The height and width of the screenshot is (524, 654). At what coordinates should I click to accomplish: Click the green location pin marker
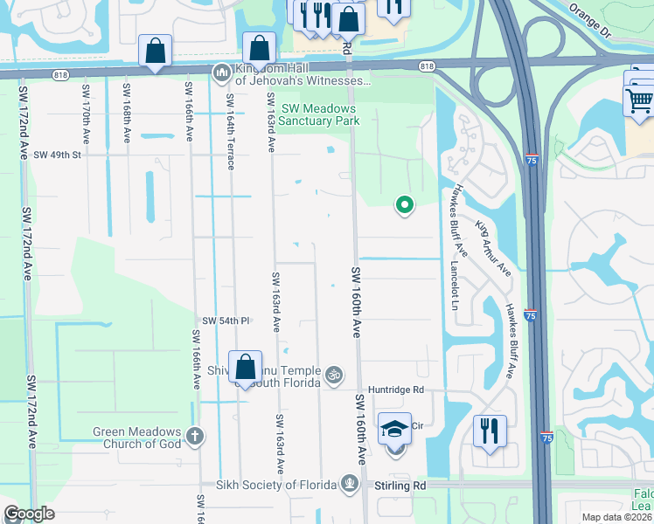click(405, 205)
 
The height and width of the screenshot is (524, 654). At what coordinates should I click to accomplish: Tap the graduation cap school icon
click(394, 430)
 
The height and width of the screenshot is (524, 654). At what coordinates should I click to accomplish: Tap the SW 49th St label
click(57, 155)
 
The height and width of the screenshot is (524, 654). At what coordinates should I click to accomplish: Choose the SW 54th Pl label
click(227, 321)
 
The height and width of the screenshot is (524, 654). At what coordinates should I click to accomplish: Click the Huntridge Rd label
click(395, 390)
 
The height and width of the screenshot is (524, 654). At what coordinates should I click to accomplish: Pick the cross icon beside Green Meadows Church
click(194, 434)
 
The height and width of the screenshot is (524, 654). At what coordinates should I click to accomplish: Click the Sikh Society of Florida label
click(281, 485)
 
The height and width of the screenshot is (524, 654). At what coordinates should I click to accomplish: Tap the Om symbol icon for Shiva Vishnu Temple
click(332, 376)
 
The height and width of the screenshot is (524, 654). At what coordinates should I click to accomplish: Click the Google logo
click(29, 514)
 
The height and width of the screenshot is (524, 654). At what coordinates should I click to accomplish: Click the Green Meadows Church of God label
click(138, 438)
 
